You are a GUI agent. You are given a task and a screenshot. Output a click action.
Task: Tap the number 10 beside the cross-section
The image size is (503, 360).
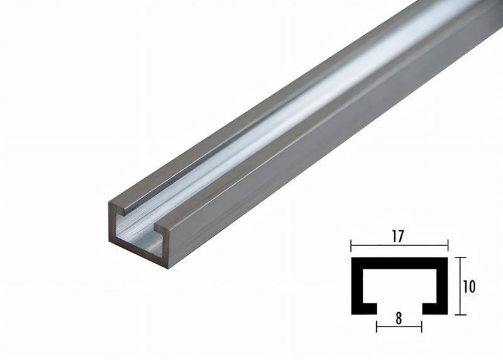coord(468,286)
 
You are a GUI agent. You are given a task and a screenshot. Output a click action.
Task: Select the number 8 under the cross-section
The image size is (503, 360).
coord(399,318)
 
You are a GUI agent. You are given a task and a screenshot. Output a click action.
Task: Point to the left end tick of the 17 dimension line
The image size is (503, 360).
coord(351,246)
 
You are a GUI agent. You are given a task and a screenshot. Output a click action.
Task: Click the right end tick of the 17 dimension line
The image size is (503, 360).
coord(448,246)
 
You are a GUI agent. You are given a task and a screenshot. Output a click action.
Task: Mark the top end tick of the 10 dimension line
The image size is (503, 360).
coord(462,257)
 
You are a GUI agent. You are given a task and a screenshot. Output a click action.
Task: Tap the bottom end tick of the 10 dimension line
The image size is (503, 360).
coord(462,314)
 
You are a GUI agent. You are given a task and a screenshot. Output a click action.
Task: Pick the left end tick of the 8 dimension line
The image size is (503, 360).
coord(377,326)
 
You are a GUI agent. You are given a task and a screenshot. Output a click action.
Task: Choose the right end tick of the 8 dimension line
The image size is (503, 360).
coord(422,326)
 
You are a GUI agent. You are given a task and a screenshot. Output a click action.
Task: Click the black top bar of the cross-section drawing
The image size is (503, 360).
coord(399,261)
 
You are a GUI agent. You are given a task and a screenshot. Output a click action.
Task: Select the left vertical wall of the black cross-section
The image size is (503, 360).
coord(355,286)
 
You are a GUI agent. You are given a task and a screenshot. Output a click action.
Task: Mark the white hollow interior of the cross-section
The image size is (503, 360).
coord(399,286)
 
